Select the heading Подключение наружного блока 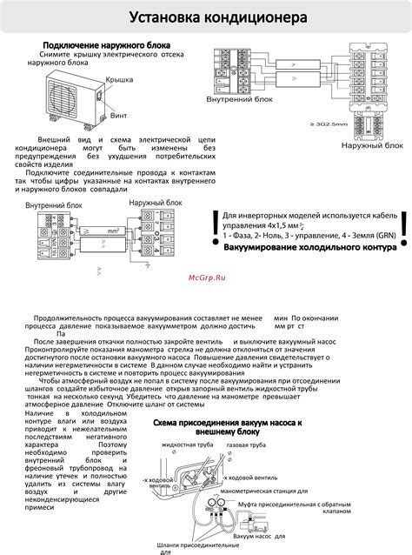pos(107,44)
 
